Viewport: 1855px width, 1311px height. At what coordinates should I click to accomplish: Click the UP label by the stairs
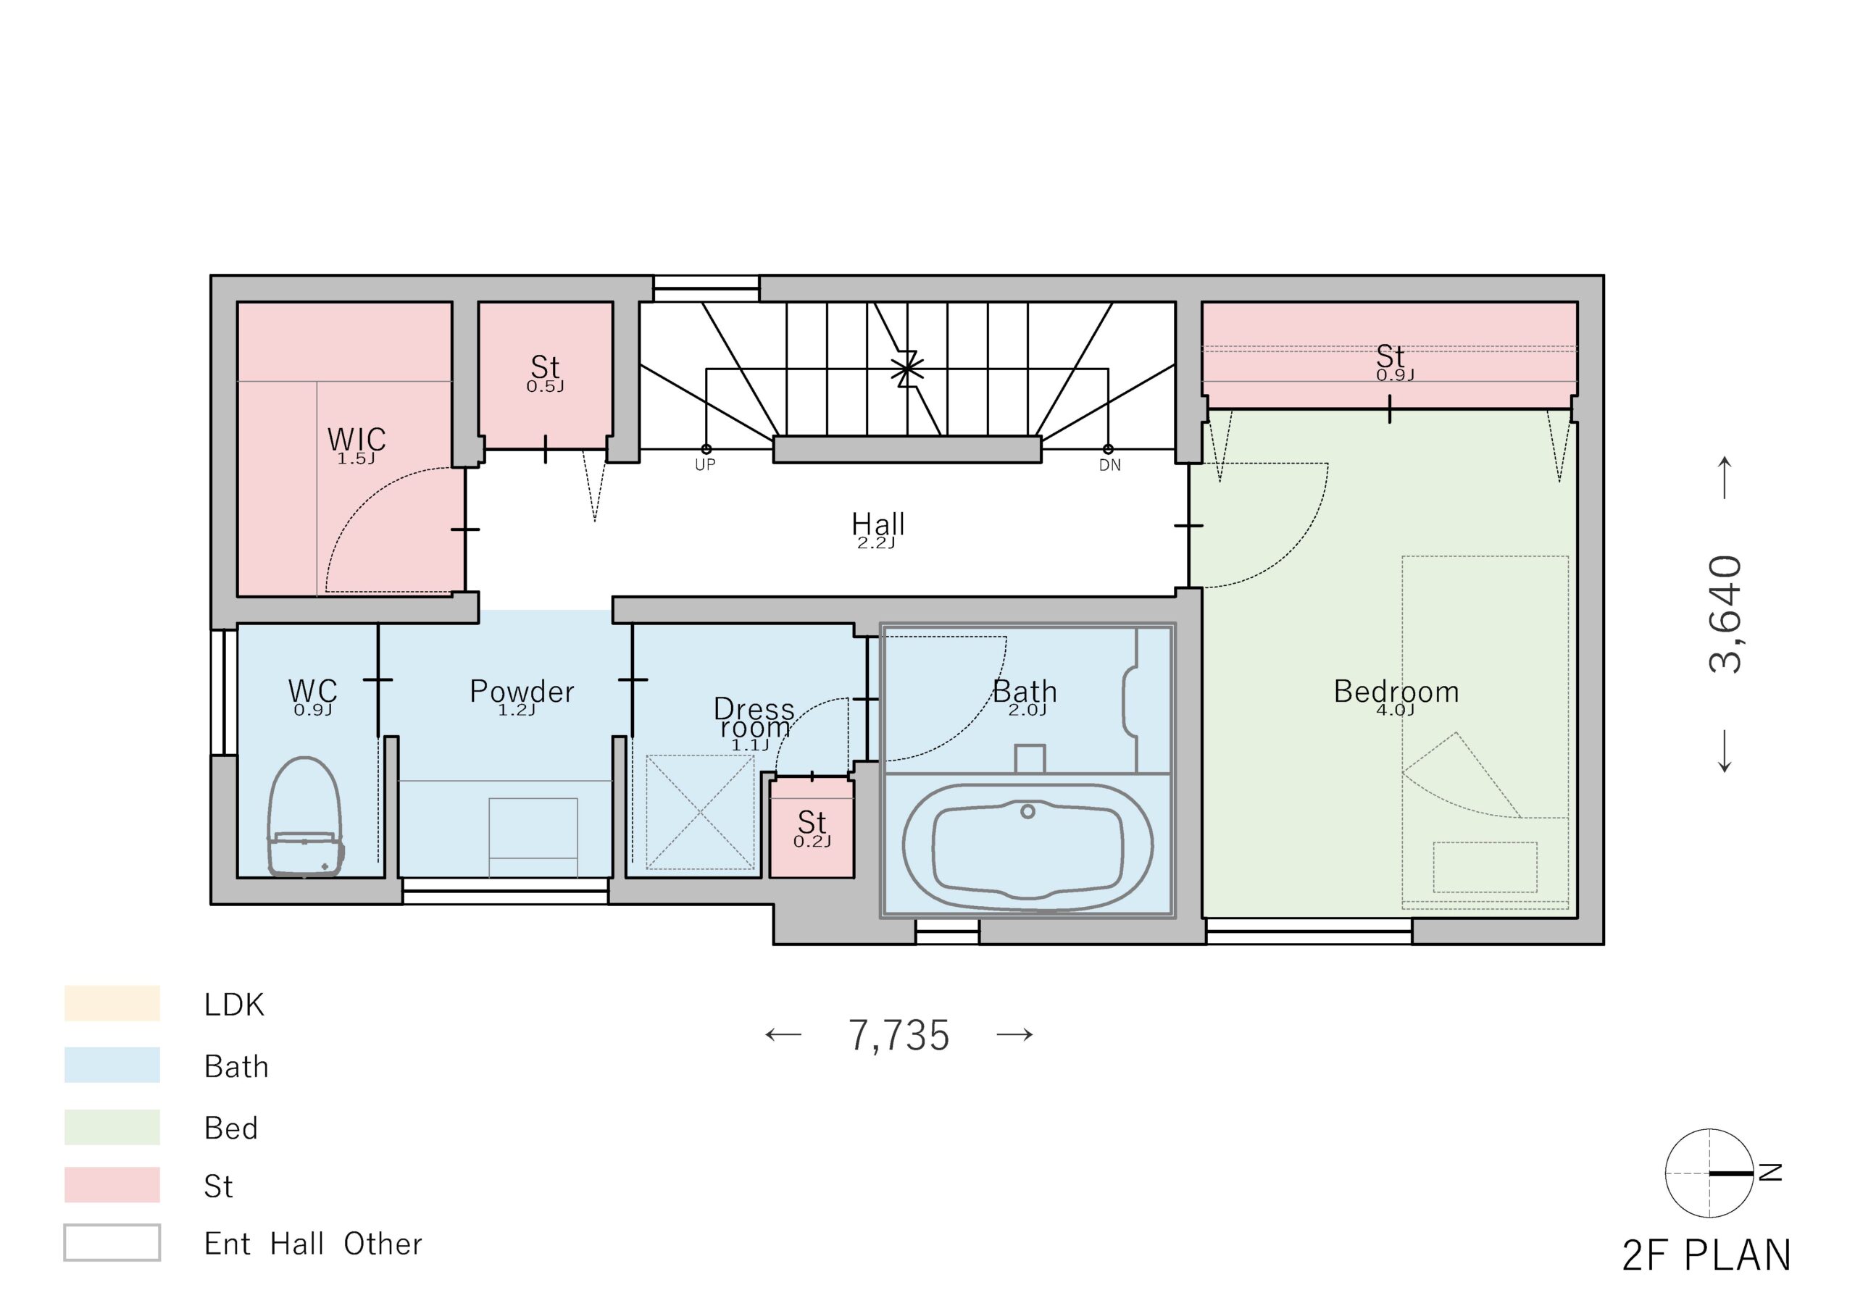coord(704,464)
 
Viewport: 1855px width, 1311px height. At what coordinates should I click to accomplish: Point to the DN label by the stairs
coord(1109,465)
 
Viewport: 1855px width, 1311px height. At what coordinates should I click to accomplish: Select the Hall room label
coord(878,524)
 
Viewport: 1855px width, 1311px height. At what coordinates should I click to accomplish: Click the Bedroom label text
coord(1396,692)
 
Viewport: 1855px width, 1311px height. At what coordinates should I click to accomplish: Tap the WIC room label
coord(357,440)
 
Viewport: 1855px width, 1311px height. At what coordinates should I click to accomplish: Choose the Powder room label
coord(522,692)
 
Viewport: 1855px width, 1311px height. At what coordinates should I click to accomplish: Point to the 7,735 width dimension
coord(899,1036)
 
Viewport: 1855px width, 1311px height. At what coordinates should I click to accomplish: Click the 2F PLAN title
coord(1706,1255)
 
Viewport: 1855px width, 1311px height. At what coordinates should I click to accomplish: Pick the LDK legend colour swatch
coord(112,1003)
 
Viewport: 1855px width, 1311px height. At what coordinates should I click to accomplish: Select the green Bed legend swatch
coord(112,1127)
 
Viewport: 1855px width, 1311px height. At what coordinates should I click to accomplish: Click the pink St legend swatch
coord(112,1185)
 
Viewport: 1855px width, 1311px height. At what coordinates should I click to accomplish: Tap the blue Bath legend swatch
coord(112,1065)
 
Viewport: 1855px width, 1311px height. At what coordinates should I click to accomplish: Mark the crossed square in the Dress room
coord(700,812)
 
